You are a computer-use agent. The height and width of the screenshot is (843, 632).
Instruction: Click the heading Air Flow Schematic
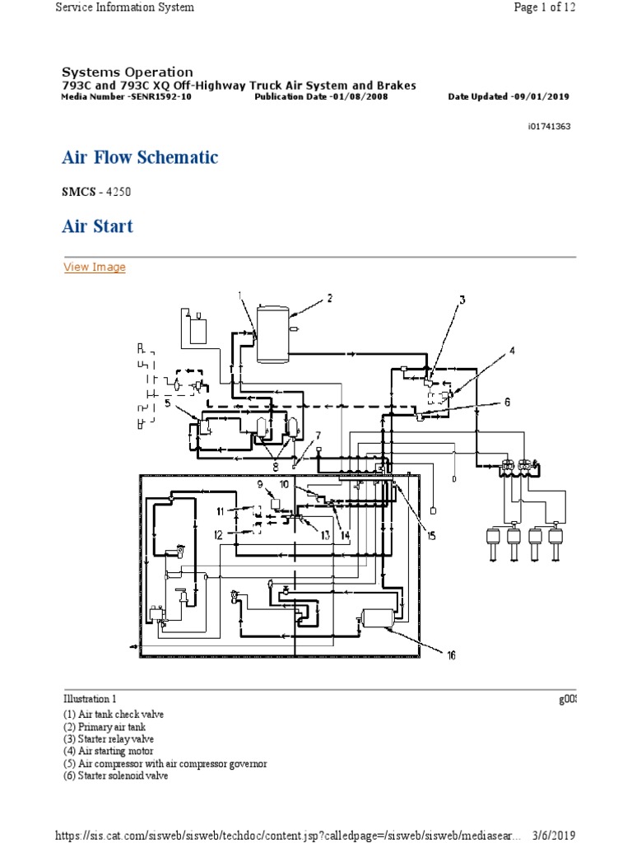coord(140,157)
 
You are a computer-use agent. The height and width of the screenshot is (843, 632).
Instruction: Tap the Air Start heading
coord(97,226)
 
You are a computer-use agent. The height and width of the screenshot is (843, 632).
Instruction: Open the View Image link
coord(95,267)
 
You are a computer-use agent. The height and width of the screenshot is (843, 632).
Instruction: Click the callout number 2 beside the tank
coord(329,298)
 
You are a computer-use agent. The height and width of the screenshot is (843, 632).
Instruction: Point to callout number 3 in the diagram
coord(462,300)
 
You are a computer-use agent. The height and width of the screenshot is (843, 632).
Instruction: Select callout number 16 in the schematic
coord(451,655)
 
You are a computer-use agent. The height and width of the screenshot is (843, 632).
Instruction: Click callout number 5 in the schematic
coord(167,403)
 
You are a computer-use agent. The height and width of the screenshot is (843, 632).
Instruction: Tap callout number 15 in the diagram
coord(430,536)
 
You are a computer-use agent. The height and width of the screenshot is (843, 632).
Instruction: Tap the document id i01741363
coord(549,127)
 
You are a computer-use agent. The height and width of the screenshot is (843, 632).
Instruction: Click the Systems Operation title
coord(128,72)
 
